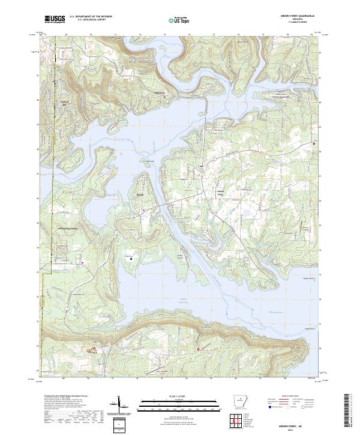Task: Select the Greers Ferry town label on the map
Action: (x=220, y=193)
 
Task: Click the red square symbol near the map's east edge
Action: (x=314, y=143)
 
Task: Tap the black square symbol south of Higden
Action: (x=131, y=259)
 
